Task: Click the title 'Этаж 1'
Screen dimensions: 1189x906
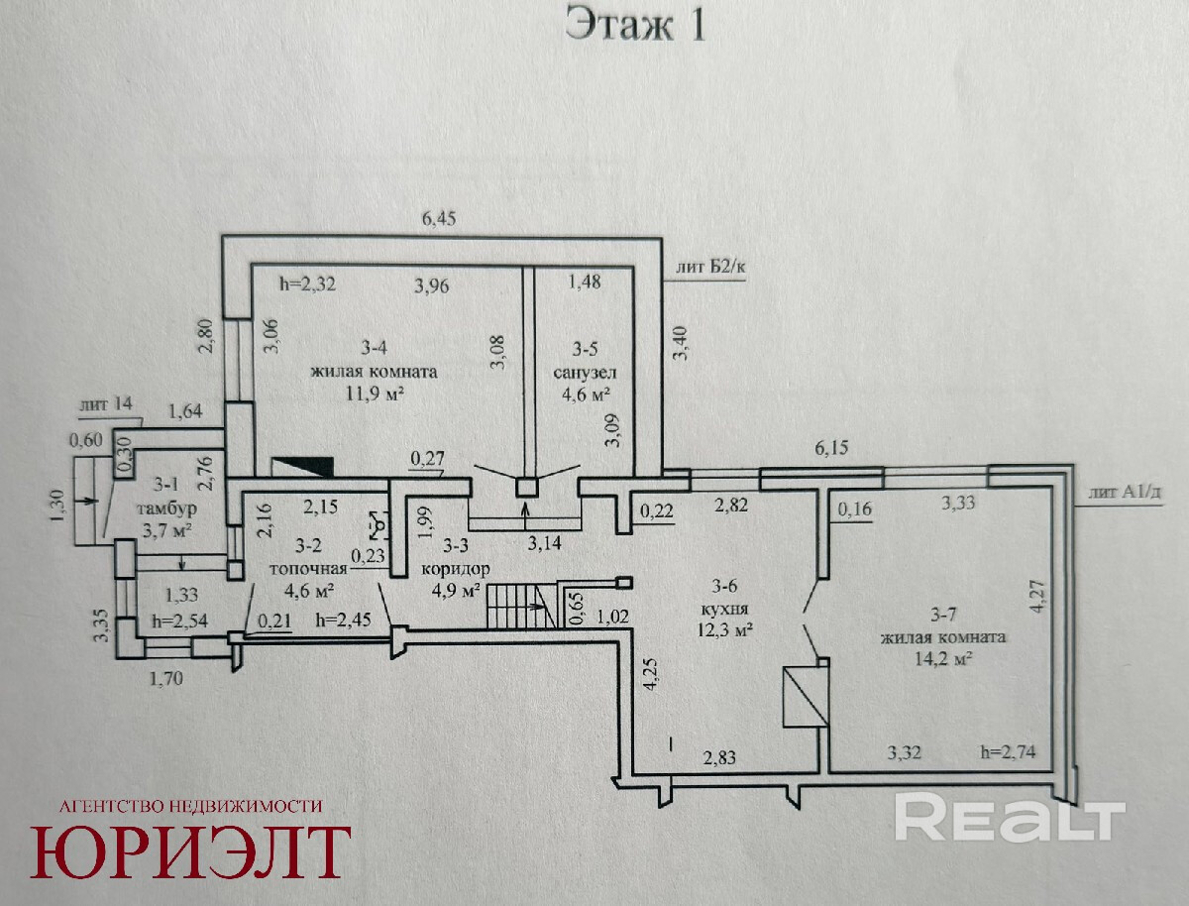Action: point(635,25)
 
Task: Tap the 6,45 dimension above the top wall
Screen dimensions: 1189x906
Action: point(438,218)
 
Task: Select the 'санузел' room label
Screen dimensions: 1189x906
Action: point(585,373)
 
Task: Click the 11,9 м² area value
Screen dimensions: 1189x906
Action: point(375,394)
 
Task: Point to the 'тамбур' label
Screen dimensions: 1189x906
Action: point(166,509)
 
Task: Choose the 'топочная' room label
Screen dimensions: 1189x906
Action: point(308,568)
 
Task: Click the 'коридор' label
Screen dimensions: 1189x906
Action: point(456,569)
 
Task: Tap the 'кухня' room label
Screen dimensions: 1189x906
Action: point(724,609)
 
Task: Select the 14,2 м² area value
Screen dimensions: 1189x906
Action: point(942,658)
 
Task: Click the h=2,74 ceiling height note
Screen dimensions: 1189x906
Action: point(1008,751)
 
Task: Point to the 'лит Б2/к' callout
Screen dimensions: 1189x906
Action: point(710,267)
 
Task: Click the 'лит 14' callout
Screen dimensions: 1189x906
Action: point(106,404)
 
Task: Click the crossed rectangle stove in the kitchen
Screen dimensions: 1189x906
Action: point(806,697)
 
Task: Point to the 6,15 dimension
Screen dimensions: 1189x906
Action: point(831,447)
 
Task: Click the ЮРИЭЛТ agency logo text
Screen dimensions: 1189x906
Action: point(189,852)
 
